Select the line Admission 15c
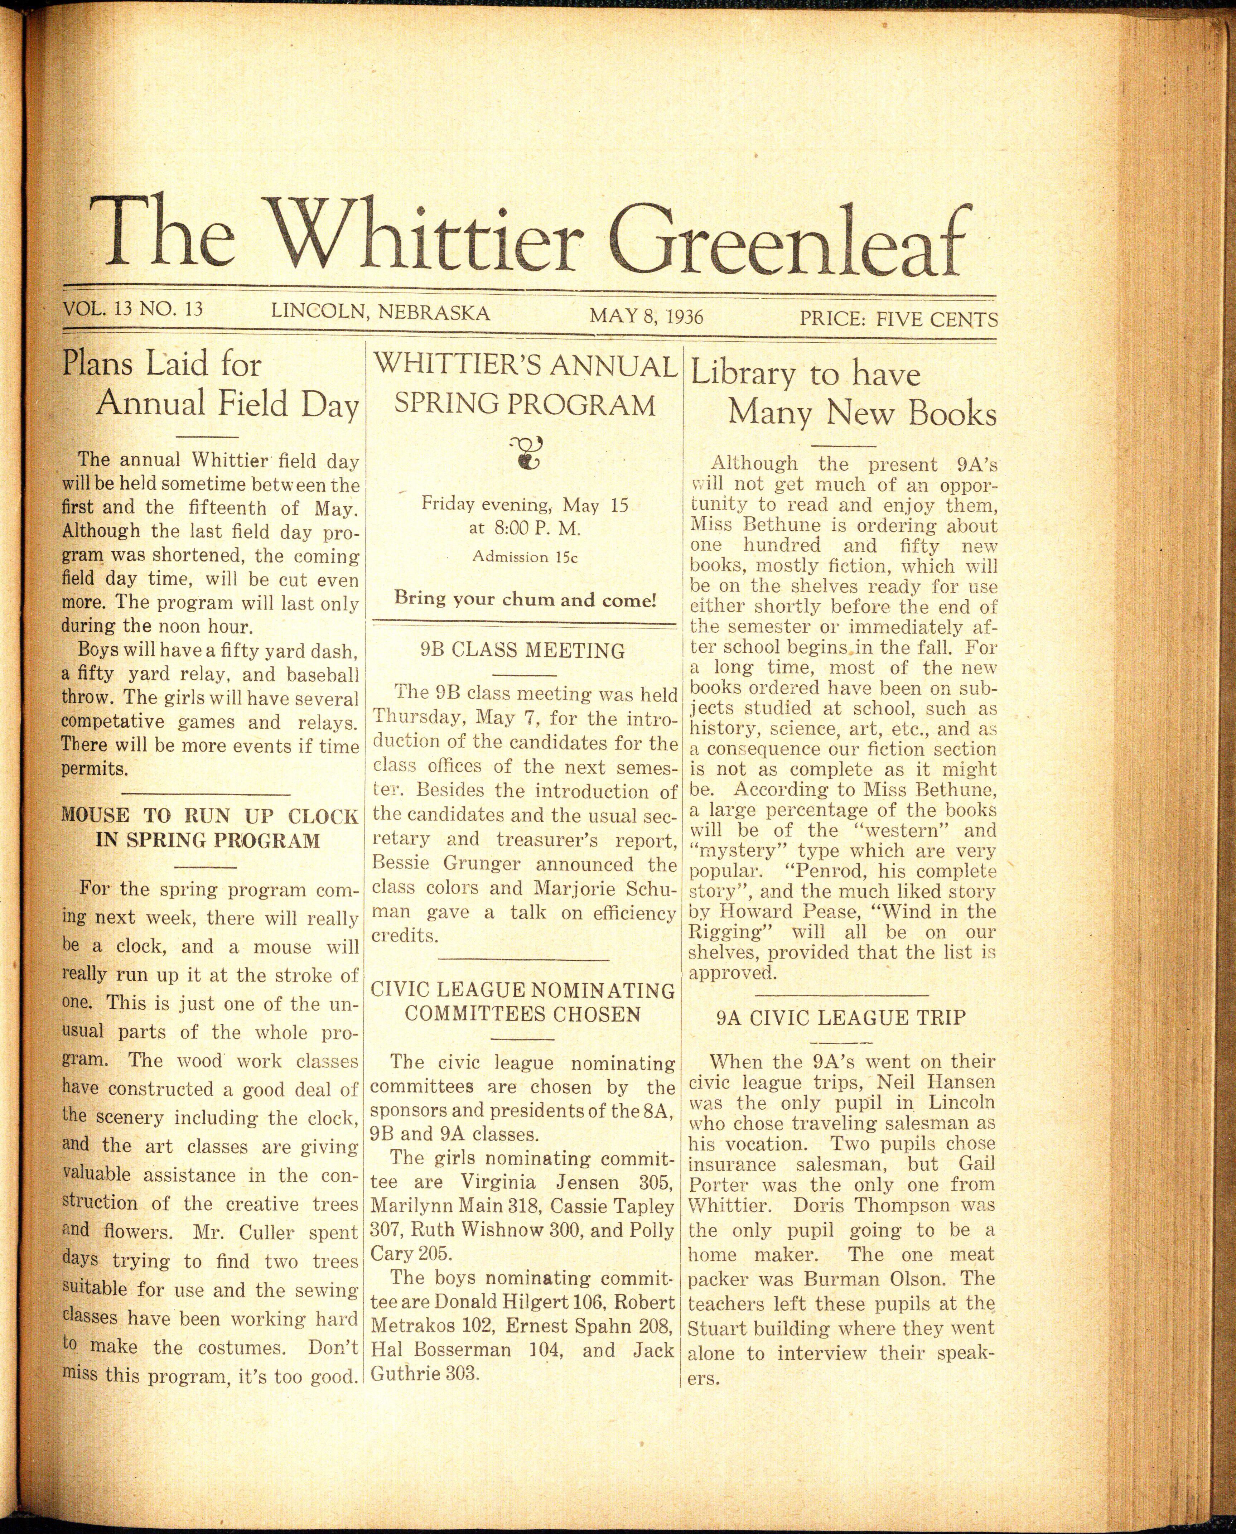click(x=525, y=557)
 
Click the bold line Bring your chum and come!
click(x=525, y=599)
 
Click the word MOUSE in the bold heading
click(x=95, y=816)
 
